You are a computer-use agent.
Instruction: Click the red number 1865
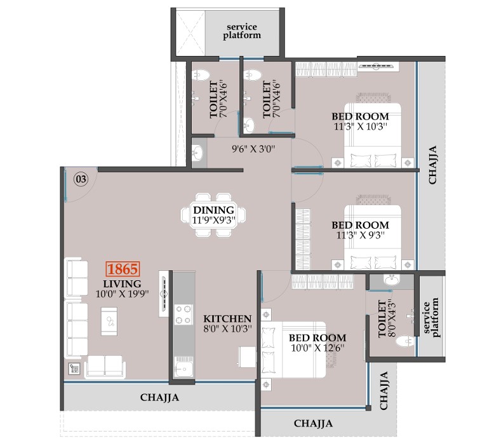(x=123, y=269)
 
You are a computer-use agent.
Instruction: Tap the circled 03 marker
(x=81, y=179)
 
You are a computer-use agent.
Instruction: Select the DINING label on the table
(x=214, y=210)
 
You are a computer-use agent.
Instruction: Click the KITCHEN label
(x=227, y=318)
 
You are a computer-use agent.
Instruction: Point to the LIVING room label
(x=122, y=283)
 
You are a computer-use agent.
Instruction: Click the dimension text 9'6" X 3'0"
(x=253, y=149)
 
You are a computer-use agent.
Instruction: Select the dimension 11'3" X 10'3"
(x=361, y=126)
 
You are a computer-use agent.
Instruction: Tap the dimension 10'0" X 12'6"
(x=317, y=348)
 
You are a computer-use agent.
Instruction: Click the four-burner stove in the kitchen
(x=183, y=315)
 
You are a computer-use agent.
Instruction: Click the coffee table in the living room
(x=109, y=322)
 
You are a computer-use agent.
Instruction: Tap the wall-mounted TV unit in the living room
(x=164, y=294)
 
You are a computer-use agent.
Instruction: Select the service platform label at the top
(x=242, y=31)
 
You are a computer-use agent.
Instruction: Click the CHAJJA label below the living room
(x=159, y=397)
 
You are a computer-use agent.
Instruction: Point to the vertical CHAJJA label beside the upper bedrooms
(x=432, y=165)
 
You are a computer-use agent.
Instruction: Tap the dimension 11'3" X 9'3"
(x=361, y=235)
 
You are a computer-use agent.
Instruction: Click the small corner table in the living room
(x=74, y=369)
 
